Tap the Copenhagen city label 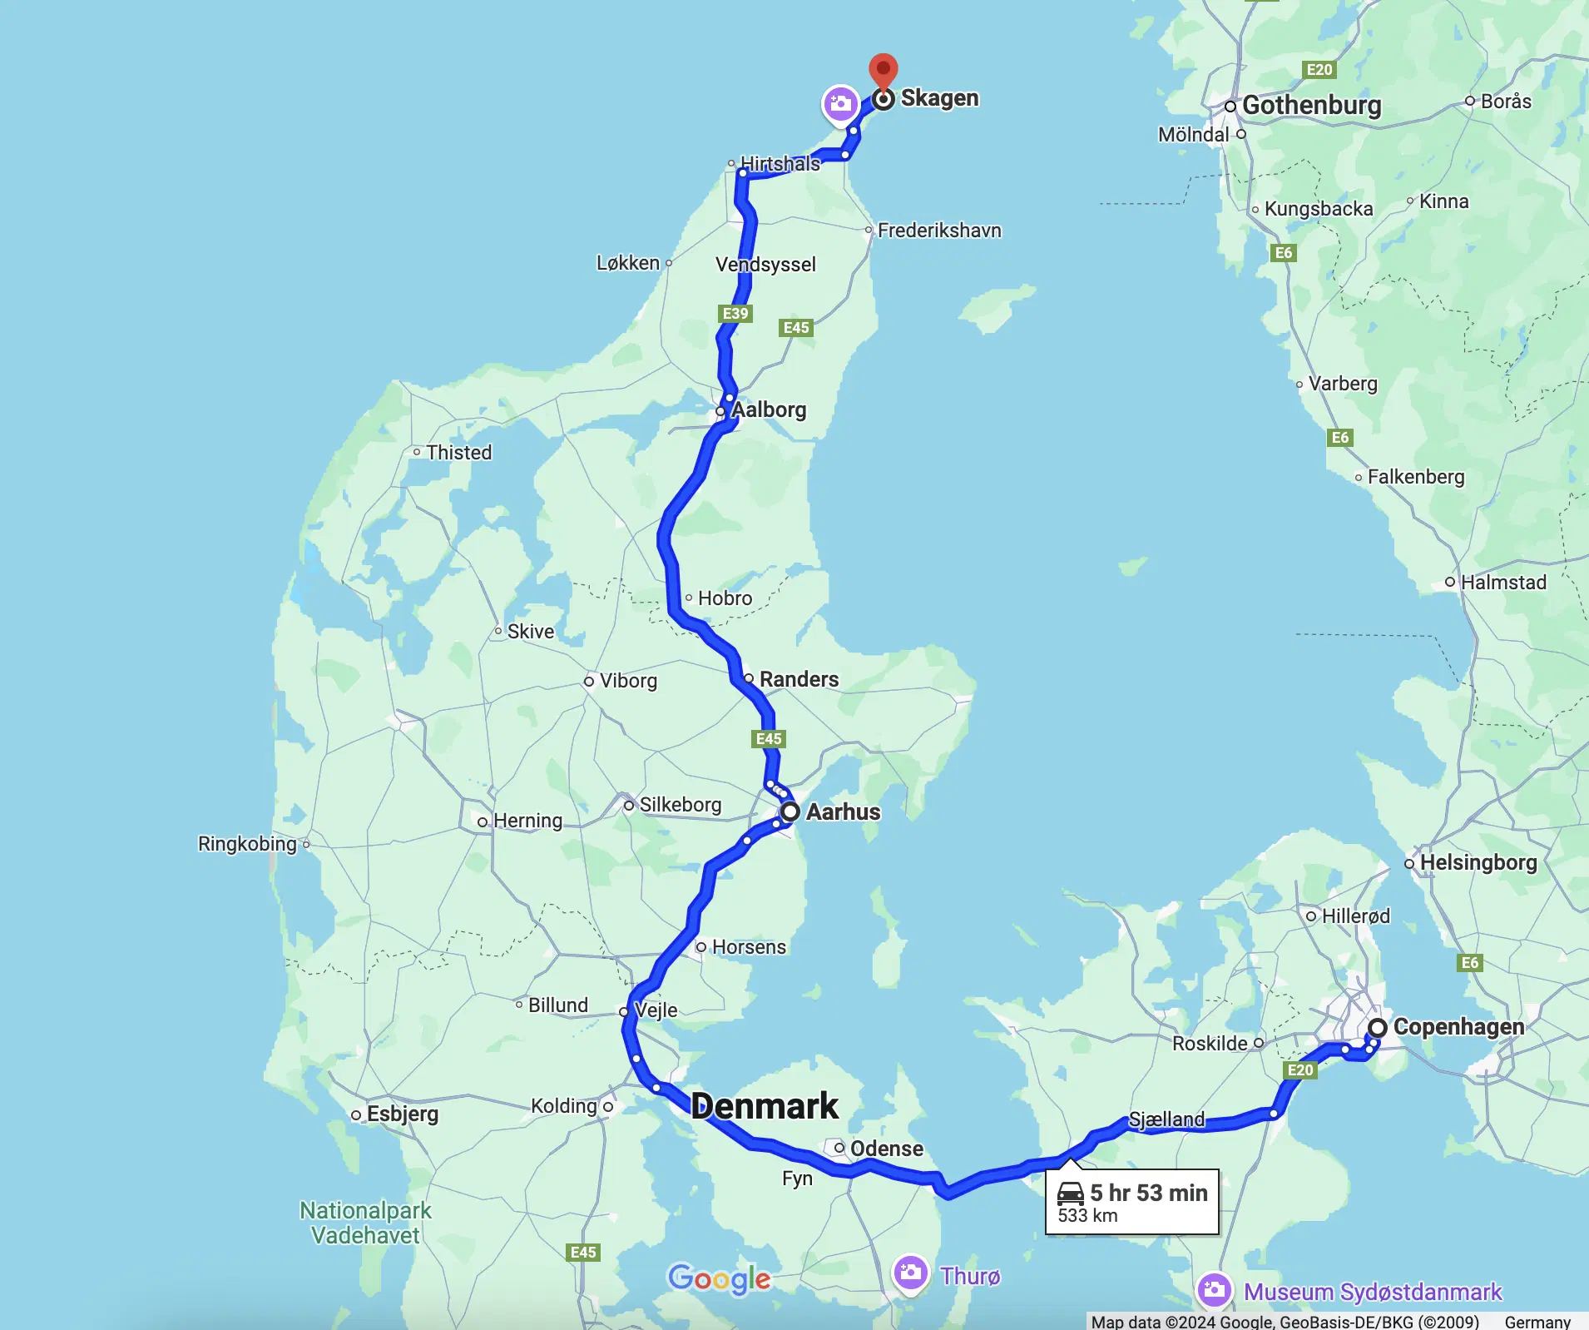point(1458,1027)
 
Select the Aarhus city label point(843,811)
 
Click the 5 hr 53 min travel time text point(1148,1193)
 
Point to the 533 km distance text point(1087,1215)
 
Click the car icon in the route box point(1070,1194)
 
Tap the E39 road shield point(735,314)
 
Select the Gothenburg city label point(1311,106)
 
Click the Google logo point(720,1278)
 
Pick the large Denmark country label point(765,1106)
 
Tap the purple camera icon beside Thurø point(910,1273)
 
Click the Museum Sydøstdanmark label point(1373,1292)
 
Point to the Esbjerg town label point(402,1114)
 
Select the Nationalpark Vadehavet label point(365,1223)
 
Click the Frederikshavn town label point(939,231)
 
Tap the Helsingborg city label point(1478,862)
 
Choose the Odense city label point(886,1149)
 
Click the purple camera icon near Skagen point(840,104)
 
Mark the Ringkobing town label point(247,844)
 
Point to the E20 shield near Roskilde point(1300,1070)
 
